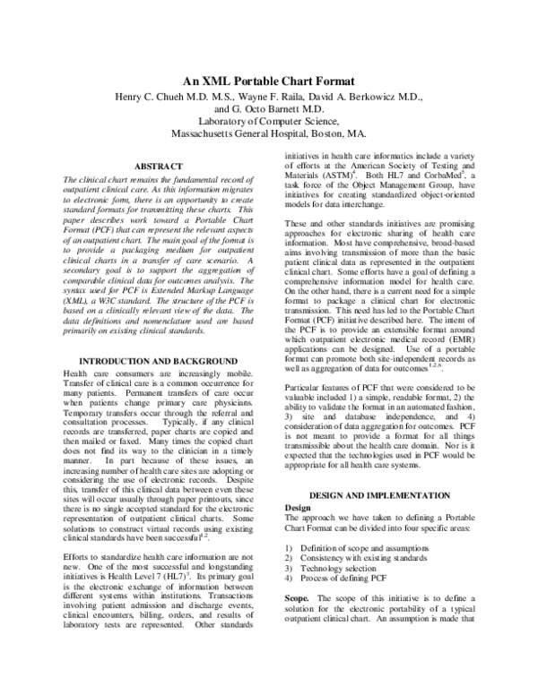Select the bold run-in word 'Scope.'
(297, 620)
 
